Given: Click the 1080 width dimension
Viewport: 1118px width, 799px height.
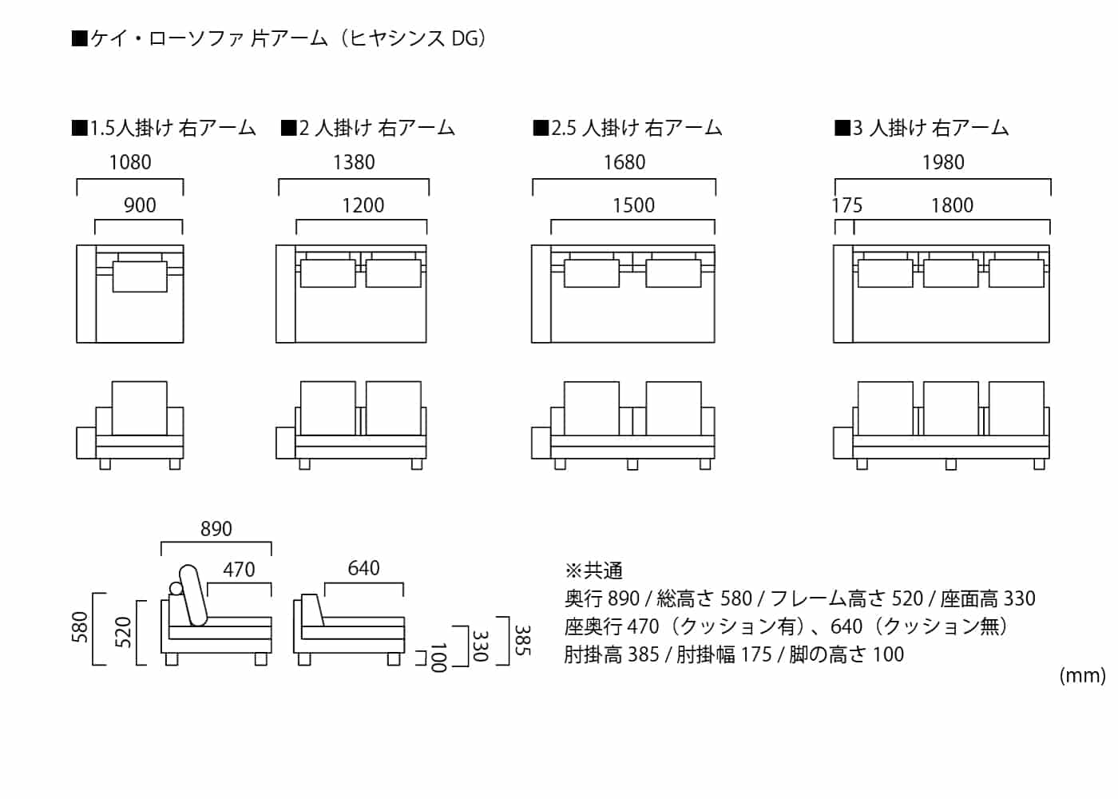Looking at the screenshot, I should coord(130,162).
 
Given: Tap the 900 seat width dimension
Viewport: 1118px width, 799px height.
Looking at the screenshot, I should coord(140,205).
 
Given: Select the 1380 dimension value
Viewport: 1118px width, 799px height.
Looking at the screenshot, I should coord(354,162).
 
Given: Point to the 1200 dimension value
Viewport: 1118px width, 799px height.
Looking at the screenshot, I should coord(363,205).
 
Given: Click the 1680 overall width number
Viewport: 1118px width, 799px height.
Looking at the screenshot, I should coord(624,162).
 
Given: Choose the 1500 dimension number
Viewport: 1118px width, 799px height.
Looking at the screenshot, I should coord(633,205).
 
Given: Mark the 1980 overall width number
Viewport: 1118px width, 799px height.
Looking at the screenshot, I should coord(943,162).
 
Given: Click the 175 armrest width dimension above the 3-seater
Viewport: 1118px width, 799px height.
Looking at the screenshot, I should coord(846,205).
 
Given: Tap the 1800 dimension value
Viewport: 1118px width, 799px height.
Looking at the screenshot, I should coord(952,205).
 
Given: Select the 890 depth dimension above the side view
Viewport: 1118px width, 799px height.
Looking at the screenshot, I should coord(216,529).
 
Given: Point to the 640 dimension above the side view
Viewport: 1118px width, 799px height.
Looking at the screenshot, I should coord(363,568).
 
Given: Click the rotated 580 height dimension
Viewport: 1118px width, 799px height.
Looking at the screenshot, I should coord(80,628).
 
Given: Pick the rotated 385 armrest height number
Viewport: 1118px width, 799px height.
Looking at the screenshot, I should coord(522,641).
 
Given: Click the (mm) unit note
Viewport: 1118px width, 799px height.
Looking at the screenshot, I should coord(1082,676).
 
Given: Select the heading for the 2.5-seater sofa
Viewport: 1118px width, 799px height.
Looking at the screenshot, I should coord(628,128).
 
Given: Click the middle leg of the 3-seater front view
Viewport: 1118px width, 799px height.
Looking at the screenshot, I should coord(950,464).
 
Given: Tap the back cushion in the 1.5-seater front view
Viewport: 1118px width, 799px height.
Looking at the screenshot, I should coord(140,407).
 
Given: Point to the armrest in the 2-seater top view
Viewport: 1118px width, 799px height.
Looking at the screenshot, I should coord(286,294).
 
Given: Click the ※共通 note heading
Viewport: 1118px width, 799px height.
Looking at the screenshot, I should coord(593,570).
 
